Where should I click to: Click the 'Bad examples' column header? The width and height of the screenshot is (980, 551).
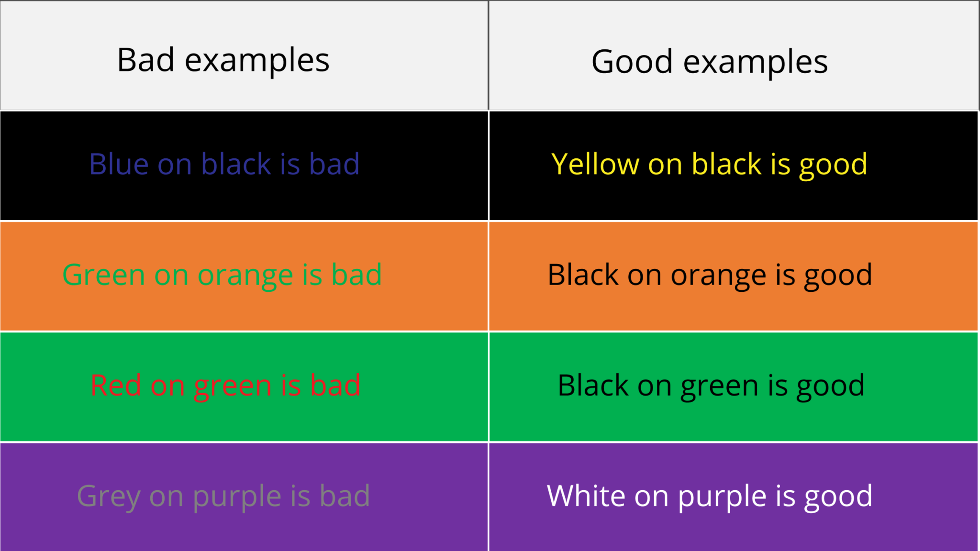[223, 61]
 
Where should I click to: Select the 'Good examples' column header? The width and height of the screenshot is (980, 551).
[709, 62]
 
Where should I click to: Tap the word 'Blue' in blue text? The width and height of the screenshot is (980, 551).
[119, 164]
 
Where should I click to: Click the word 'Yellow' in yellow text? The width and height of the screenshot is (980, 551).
[595, 164]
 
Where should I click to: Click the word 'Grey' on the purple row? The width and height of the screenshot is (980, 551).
[108, 496]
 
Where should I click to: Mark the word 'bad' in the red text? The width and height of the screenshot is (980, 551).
[335, 386]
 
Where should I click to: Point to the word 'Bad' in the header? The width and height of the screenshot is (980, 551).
[145, 60]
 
